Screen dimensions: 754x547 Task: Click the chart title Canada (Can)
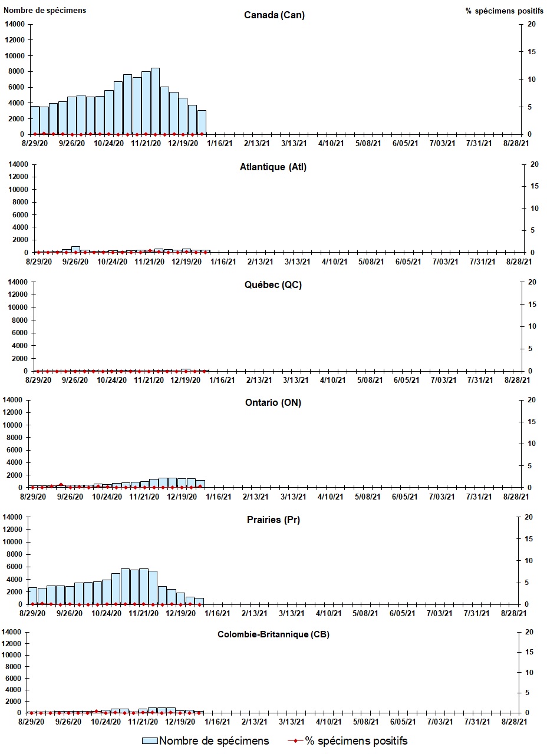(274, 15)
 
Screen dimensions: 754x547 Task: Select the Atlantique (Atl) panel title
(273, 167)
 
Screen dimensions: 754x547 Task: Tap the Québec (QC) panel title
(273, 285)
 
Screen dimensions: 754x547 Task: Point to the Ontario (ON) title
(273, 402)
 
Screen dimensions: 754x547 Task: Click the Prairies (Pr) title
(273, 520)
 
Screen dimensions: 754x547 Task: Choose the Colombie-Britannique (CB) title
(273, 634)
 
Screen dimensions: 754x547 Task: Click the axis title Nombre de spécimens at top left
(45, 10)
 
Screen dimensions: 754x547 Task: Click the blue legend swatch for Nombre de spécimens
(150, 740)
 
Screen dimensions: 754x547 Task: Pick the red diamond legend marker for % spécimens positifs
(295, 740)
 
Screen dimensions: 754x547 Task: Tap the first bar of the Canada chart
(35, 120)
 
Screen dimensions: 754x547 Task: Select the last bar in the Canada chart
(202, 122)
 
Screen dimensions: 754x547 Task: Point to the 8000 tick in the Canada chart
(17, 71)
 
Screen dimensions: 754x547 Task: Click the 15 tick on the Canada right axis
(531, 52)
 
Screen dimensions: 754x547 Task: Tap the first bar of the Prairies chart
(32, 596)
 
